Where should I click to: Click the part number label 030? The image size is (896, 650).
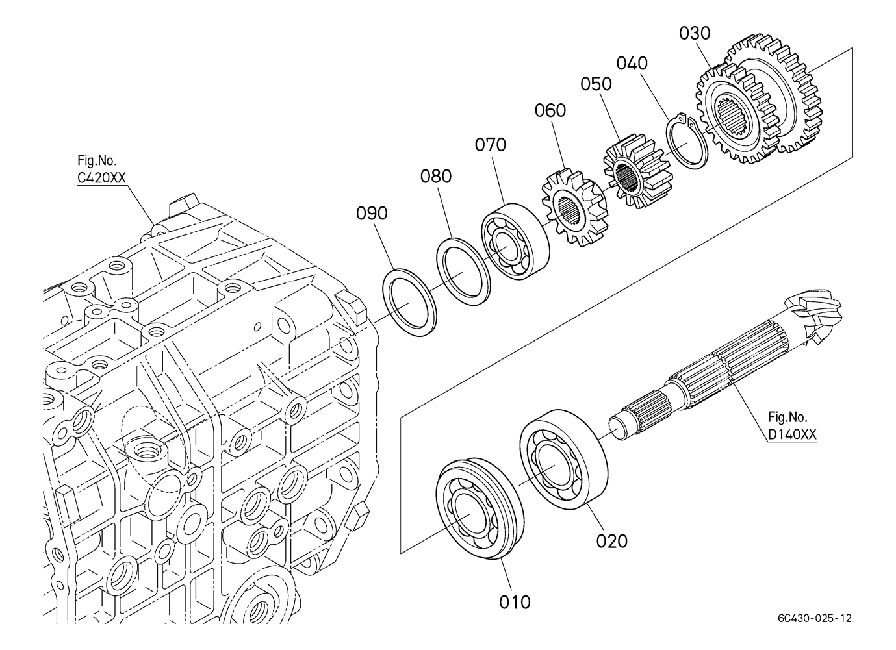tap(695, 33)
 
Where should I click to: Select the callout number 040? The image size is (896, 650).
tap(632, 64)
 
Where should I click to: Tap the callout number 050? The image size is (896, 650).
tap(596, 84)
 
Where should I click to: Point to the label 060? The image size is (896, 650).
tap(550, 110)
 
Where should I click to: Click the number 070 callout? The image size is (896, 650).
tap(491, 145)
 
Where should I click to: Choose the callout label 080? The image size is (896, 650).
tap(435, 176)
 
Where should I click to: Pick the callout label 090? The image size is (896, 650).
tap(372, 214)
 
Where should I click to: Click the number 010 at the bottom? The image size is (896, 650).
tap(515, 602)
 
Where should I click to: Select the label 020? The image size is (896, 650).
tap(611, 542)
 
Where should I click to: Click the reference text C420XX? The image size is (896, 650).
tap(101, 178)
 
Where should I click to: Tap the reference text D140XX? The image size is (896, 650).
tap(792, 434)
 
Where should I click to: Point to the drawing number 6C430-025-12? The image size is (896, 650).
tap(814, 618)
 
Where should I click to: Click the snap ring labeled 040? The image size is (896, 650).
tap(688, 142)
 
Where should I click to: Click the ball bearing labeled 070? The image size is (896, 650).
tap(515, 241)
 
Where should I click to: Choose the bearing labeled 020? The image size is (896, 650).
tap(564, 459)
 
